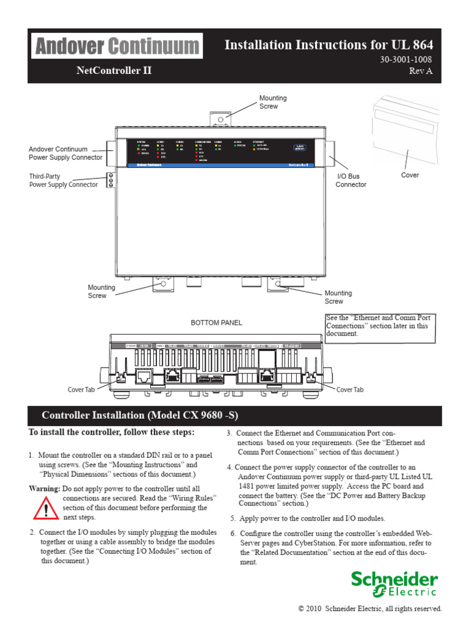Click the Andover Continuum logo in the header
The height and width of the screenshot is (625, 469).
pyautogui.click(x=116, y=46)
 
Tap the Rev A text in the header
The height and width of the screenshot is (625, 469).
pyautogui.click(x=421, y=71)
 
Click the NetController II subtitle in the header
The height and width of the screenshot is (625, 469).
pyautogui.click(x=114, y=71)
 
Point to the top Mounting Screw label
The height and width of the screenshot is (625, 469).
pyautogui.click(x=272, y=102)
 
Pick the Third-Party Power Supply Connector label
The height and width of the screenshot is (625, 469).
pyautogui.click(x=64, y=181)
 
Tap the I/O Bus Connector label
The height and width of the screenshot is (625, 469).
pyautogui.click(x=351, y=181)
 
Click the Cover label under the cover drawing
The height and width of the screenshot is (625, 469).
pyautogui.click(x=410, y=175)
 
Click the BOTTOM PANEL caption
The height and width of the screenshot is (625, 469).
pyautogui.click(x=217, y=322)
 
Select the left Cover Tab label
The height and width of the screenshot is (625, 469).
pyautogui.click(x=81, y=389)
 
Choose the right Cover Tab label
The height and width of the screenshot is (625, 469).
pyautogui.click(x=350, y=389)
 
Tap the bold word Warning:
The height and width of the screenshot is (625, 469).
pyautogui.click(x=45, y=489)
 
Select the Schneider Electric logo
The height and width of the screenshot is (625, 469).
pyautogui.click(x=394, y=583)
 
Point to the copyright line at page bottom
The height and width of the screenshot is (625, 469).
pyautogui.click(x=369, y=609)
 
